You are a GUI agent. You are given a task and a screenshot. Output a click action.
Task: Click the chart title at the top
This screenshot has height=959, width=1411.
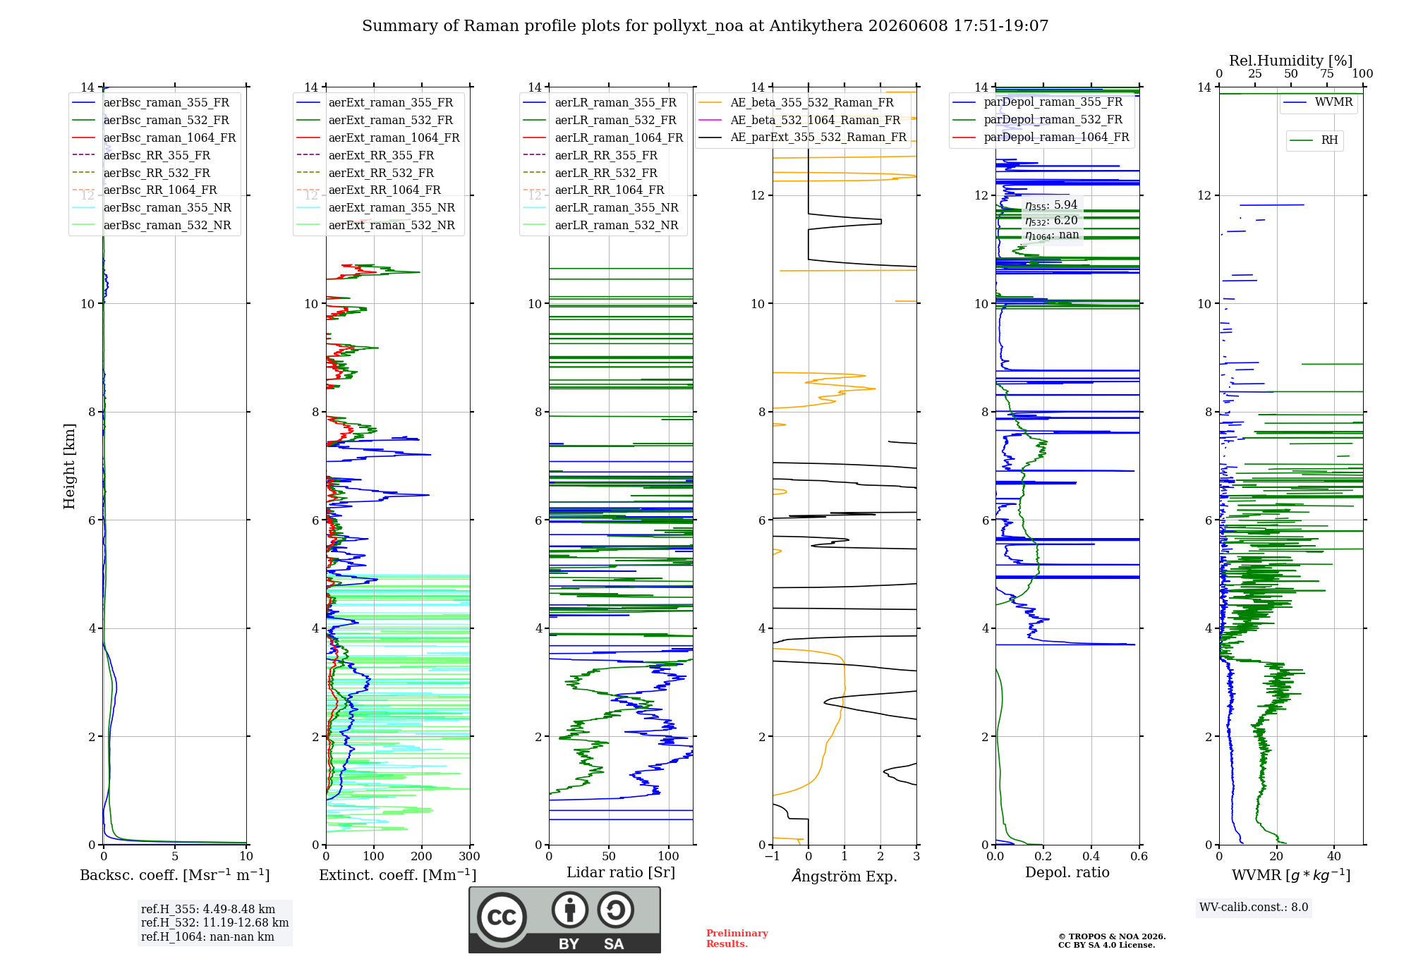pos(705,26)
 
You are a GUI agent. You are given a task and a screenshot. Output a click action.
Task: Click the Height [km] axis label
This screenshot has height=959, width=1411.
pos(69,466)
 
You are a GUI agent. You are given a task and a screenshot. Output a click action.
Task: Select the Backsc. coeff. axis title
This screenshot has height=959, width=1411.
pos(175,875)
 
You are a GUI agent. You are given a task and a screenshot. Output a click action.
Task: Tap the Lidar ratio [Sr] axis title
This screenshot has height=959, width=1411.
pos(621,873)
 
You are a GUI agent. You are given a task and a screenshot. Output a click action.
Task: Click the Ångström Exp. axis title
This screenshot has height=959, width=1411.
pos(844,876)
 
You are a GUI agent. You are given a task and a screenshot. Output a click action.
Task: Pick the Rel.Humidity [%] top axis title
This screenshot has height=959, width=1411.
pos(1291,61)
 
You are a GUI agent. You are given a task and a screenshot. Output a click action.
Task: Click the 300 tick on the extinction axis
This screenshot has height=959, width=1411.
pos(469,856)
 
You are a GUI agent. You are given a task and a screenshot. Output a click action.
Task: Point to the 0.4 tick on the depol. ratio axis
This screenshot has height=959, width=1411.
pos(1091,856)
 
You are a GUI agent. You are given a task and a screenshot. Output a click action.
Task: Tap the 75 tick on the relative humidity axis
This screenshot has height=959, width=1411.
pos(1327,73)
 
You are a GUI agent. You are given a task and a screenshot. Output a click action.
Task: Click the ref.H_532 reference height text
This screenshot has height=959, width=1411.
pos(214,923)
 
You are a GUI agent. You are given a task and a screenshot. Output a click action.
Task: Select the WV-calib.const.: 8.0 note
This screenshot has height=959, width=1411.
pos(1254,908)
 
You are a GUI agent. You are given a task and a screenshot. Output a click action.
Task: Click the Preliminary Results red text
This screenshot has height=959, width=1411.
pos(737,939)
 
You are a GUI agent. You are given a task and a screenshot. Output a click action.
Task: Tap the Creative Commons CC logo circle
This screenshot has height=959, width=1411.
pos(502,917)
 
